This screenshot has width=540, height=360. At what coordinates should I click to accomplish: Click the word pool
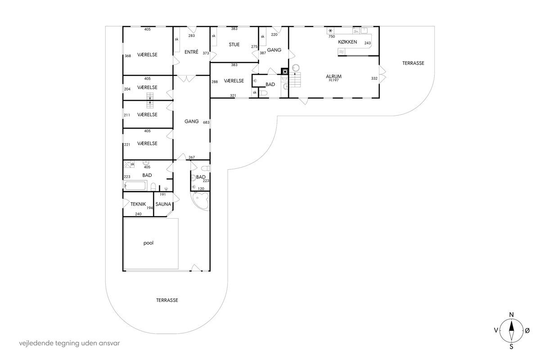click(x=148, y=243)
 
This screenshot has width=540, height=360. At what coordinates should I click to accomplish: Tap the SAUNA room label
click(x=163, y=204)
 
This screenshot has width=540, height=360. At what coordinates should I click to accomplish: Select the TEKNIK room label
click(x=138, y=204)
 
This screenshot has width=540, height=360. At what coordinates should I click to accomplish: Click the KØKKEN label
click(x=347, y=42)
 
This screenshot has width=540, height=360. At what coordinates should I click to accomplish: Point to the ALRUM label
click(x=333, y=76)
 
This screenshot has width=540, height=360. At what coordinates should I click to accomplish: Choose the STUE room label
click(x=234, y=45)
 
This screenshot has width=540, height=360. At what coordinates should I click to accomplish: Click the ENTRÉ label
click(x=191, y=52)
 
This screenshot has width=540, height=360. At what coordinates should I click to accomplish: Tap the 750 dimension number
click(x=332, y=36)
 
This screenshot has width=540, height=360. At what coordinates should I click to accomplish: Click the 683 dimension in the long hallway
click(x=206, y=122)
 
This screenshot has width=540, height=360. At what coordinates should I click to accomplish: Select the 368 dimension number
click(x=128, y=56)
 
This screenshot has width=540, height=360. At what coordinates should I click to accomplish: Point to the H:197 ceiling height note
click(x=333, y=80)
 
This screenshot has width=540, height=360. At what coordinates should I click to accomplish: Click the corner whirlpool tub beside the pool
click(x=200, y=201)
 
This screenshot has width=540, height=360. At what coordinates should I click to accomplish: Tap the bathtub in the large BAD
click(x=135, y=186)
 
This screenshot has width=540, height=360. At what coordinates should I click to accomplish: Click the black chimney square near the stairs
click(x=285, y=72)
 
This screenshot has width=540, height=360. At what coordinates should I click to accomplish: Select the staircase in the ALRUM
click(x=295, y=79)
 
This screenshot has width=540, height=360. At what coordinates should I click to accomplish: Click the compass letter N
click(x=511, y=315)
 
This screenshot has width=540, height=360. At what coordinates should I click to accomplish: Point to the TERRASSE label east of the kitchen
click(x=413, y=63)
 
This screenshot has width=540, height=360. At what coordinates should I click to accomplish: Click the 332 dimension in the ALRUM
click(x=374, y=78)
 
